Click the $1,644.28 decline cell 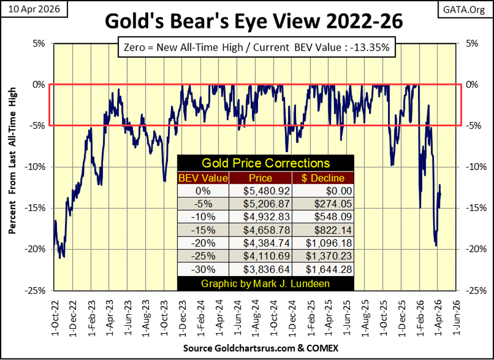coord(324,270)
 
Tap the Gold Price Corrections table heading coord(265,163)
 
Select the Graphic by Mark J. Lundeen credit coord(265,283)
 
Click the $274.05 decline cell coord(324,204)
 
